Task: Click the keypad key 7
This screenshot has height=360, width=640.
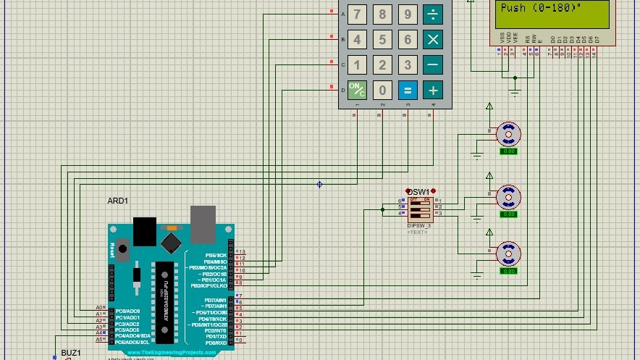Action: [356, 14]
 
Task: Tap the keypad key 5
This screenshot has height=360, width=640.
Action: [382, 39]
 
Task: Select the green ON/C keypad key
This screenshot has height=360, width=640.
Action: [356, 90]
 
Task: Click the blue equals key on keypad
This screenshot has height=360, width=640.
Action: [408, 90]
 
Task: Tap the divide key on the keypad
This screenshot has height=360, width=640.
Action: [433, 14]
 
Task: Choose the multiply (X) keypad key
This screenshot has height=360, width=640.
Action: [433, 39]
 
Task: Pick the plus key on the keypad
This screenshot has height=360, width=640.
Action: [433, 90]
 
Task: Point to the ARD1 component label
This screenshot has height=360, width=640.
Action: [118, 201]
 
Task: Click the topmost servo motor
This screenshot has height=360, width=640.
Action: [508, 133]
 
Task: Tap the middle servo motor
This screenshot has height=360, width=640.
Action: [508, 196]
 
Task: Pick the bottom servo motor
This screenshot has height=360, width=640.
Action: [508, 253]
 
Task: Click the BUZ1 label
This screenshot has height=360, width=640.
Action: [71, 353]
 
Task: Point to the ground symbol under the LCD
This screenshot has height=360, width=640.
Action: [515, 91]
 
